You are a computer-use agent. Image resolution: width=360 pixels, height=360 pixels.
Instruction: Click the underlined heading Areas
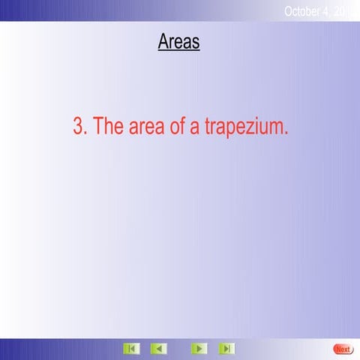pos(178,41)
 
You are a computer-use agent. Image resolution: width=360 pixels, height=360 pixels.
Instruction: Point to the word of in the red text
pos(178,127)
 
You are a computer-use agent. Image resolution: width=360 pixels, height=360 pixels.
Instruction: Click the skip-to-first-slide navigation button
pos(131,349)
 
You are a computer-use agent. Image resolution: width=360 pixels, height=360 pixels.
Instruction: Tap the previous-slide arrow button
pos(158,349)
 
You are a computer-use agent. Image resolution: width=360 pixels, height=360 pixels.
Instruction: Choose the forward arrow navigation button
pos(199,349)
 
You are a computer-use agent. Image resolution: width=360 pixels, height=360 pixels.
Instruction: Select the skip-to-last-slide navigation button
pos(226,349)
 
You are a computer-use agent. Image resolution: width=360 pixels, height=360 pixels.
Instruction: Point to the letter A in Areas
pos(163,41)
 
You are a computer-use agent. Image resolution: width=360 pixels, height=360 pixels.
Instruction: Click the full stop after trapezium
pos(286,133)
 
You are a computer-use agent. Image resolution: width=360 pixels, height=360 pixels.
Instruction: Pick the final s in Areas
pos(196,43)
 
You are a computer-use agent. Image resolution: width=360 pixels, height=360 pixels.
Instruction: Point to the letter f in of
pos(182,127)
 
